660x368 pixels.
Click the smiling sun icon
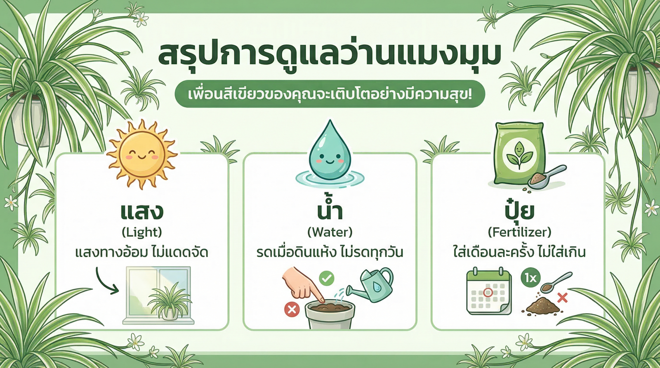pyautogui.click(x=141, y=155)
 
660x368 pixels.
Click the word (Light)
pyautogui.click(x=141, y=232)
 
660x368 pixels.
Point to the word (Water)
pyautogui.click(x=330, y=232)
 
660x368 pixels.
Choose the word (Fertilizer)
pyautogui.click(x=519, y=232)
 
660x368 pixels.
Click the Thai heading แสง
pyautogui.click(x=141, y=211)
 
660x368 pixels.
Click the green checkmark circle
pyautogui.click(x=327, y=279)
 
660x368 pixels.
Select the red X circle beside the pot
pyautogui.click(x=292, y=309)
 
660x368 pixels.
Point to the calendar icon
pyautogui.click(x=489, y=292)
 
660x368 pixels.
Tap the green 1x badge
pyautogui.click(x=530, y=278)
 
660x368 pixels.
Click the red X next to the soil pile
pyautogui.click(x=562, y=297)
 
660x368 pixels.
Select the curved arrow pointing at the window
pyautogui.click(x=106, y=281)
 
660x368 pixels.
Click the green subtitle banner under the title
pyautogui.click(x=330, y=94)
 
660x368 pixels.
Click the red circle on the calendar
pyautogui.click(x=488, y=293)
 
